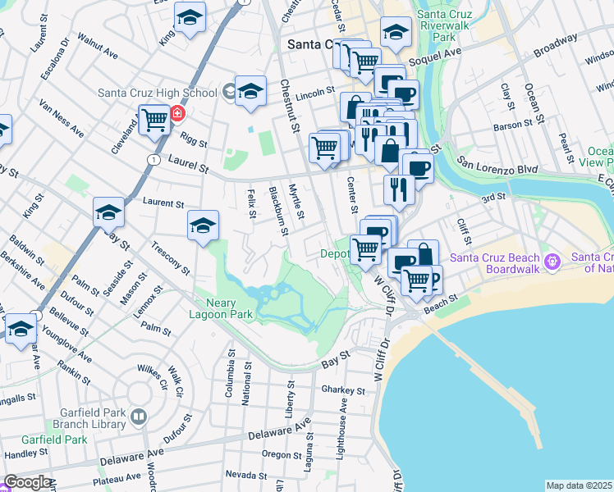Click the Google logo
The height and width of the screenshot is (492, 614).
[27, 482]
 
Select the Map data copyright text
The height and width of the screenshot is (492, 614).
[579, 485]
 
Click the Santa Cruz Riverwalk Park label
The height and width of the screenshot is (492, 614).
[447, 25]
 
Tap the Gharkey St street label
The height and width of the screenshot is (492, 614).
[338, 389]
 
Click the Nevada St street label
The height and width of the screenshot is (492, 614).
[241, 474]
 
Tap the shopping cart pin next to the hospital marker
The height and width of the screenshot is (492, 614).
[153, 120]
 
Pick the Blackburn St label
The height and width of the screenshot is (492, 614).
[278, 211]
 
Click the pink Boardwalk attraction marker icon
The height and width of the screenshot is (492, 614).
[552, 261]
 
